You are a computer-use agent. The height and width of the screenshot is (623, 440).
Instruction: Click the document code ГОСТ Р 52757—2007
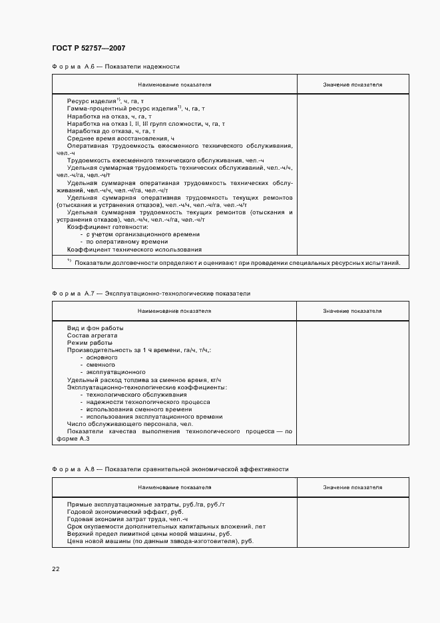[x=88, y=49]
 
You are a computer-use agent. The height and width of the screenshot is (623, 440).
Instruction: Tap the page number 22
[x=55, y=568]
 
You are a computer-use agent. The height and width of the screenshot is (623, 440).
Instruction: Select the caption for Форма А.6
[x=115, y=67]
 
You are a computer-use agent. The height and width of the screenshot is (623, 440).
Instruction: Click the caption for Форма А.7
[x=150, y=293]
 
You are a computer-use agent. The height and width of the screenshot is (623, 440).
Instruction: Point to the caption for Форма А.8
[x=170, y=469]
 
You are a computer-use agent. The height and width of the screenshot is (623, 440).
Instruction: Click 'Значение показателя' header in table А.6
[x=352, y=85]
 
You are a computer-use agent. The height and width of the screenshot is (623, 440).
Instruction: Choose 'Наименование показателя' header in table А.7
[x=174, y=311]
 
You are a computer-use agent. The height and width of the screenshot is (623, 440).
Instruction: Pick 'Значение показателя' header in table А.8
[x=352, y=487]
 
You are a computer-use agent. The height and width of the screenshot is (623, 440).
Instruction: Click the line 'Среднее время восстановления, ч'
[x=120, y=138]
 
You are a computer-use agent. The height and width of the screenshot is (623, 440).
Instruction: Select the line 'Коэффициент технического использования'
[x=134, y=250]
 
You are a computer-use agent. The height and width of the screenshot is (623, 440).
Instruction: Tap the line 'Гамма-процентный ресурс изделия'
[x=136, y=108]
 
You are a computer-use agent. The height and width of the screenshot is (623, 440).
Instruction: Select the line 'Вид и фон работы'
[x=95, y=328]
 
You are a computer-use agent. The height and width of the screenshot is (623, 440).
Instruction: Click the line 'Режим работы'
[x=90, y=342]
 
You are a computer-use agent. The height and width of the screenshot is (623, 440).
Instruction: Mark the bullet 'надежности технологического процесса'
[x=147, y=402]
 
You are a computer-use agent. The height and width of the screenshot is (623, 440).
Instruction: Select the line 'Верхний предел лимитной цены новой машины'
[x=149, y=534]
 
